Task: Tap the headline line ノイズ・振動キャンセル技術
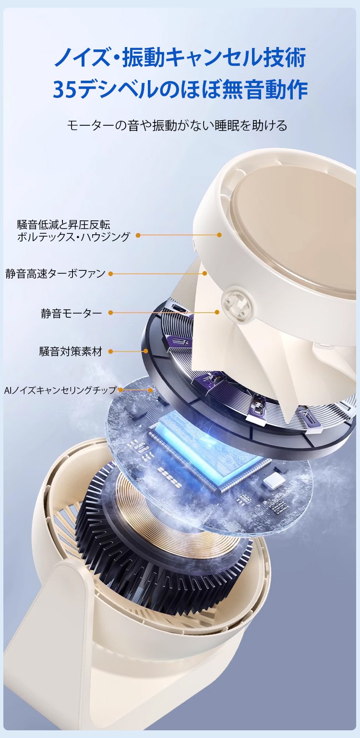pyautogui.click(x=180, y=57)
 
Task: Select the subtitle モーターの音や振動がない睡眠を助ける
pyautogui.click(x=177, y=125)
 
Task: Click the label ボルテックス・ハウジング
pyautogui.click(x=73, y=237)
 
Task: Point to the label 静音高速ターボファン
pyautogui.click(x=55, y=274)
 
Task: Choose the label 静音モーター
pyautogui.click(x=72, y=313)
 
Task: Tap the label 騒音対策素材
pyautogui.click(x=71, y=351)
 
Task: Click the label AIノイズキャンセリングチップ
pyautogui.click(x=60, y=390)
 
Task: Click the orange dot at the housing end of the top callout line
pyautogui.click(x=219, y=235)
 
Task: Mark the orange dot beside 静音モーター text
pyautogui.click(x=111, y=313)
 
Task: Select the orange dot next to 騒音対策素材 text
pyautogui.click(x=111, y=351)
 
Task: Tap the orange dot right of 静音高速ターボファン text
pyautogui.click(x=111, y=274)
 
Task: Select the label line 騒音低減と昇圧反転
pyautogui.click(x=63, y=225)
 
